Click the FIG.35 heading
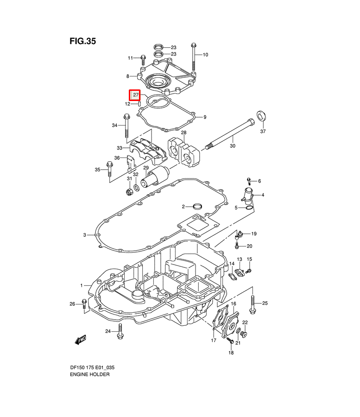click(x=83, y=41)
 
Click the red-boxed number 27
click(x=135, y=95)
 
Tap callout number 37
click(x=263, y=132)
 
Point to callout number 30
click(x=233, y=146)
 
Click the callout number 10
click(x=205, y=55)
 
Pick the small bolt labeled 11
click(x=143, y=59)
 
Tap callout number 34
click(x=115, y=125)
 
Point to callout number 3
click(x=85, y=235)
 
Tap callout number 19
click(x=254, y=234)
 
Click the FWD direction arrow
click(x=81, y=340)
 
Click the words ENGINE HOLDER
click(x=90, y=374)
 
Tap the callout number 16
click(x=234, y=304)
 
